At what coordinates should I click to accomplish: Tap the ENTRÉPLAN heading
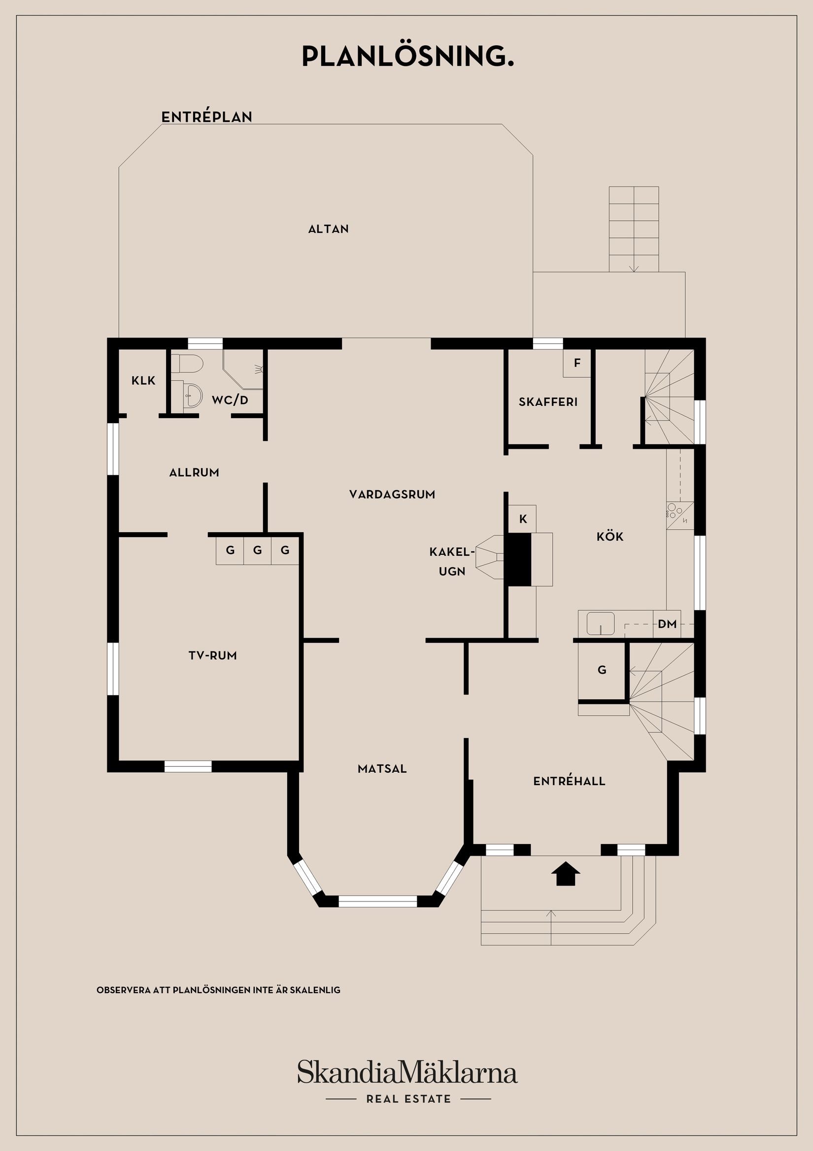click(206, 117)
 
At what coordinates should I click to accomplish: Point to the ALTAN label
click(328, 229)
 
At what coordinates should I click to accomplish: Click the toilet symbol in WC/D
click(186, 363)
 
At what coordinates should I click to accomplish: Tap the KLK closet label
click(143, 381)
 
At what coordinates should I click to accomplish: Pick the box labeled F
click(577, 363)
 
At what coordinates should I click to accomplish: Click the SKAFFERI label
click(548, 401)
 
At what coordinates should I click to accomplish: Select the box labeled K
click(523, 519)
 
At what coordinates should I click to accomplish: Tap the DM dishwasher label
click(667, 624)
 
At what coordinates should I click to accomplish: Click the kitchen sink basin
click(601, 623)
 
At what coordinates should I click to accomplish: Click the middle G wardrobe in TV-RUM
click(258, 550)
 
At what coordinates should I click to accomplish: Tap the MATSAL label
click(382, 768)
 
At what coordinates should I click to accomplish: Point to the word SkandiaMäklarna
click(407, 1073)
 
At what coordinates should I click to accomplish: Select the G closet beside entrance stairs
click(602, 670)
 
